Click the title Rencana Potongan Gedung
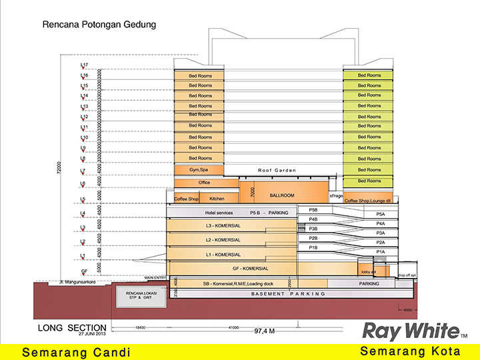[99, 25]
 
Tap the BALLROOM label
[281, 196]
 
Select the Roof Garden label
[277, 171]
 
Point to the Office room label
[204, 183]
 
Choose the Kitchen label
[217, 199]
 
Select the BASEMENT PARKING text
[288, 293]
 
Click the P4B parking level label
[313, 219]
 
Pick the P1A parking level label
[381, 251]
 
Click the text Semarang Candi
[77, 352]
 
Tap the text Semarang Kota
[410, 351]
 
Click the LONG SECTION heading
[72, 327]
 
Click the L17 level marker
[84, 65]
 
